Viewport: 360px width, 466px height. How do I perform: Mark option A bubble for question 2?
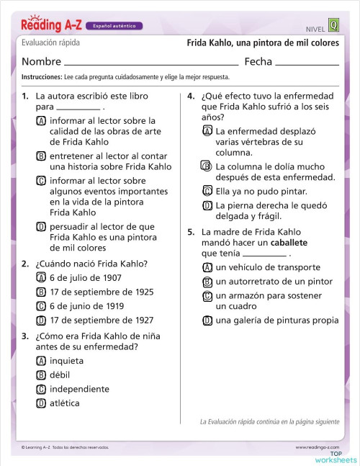(41, 277)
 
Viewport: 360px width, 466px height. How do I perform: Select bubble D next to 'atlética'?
(41, 403)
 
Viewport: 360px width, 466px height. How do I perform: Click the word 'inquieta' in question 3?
(66, 361)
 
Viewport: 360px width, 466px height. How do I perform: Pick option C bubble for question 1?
(41, 181)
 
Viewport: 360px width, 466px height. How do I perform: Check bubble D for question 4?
(207, 205)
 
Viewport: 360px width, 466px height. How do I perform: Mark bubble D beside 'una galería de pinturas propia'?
(207, 321)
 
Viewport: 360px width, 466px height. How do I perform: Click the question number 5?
(191, 233)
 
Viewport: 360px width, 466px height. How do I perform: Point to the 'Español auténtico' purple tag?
(114, 26)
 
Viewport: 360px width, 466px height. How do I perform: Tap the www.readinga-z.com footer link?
(317, 447)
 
